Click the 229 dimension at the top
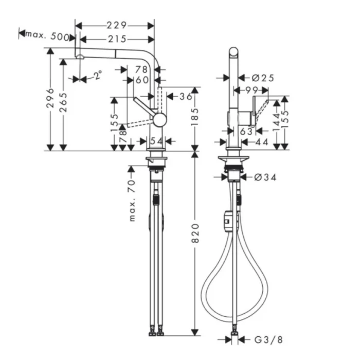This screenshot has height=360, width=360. click(117, 25)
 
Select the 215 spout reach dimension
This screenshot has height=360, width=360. click(117, 39)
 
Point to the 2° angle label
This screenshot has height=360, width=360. click(98, 76)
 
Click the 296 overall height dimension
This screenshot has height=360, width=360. click(49, 98)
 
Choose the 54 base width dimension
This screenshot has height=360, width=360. click(156, 141)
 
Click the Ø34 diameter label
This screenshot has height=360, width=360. click(265, 177)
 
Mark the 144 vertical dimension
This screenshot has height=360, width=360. click(277, 122)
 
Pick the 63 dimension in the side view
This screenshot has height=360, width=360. click(246, 132)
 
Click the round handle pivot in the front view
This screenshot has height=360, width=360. click(160, 119)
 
